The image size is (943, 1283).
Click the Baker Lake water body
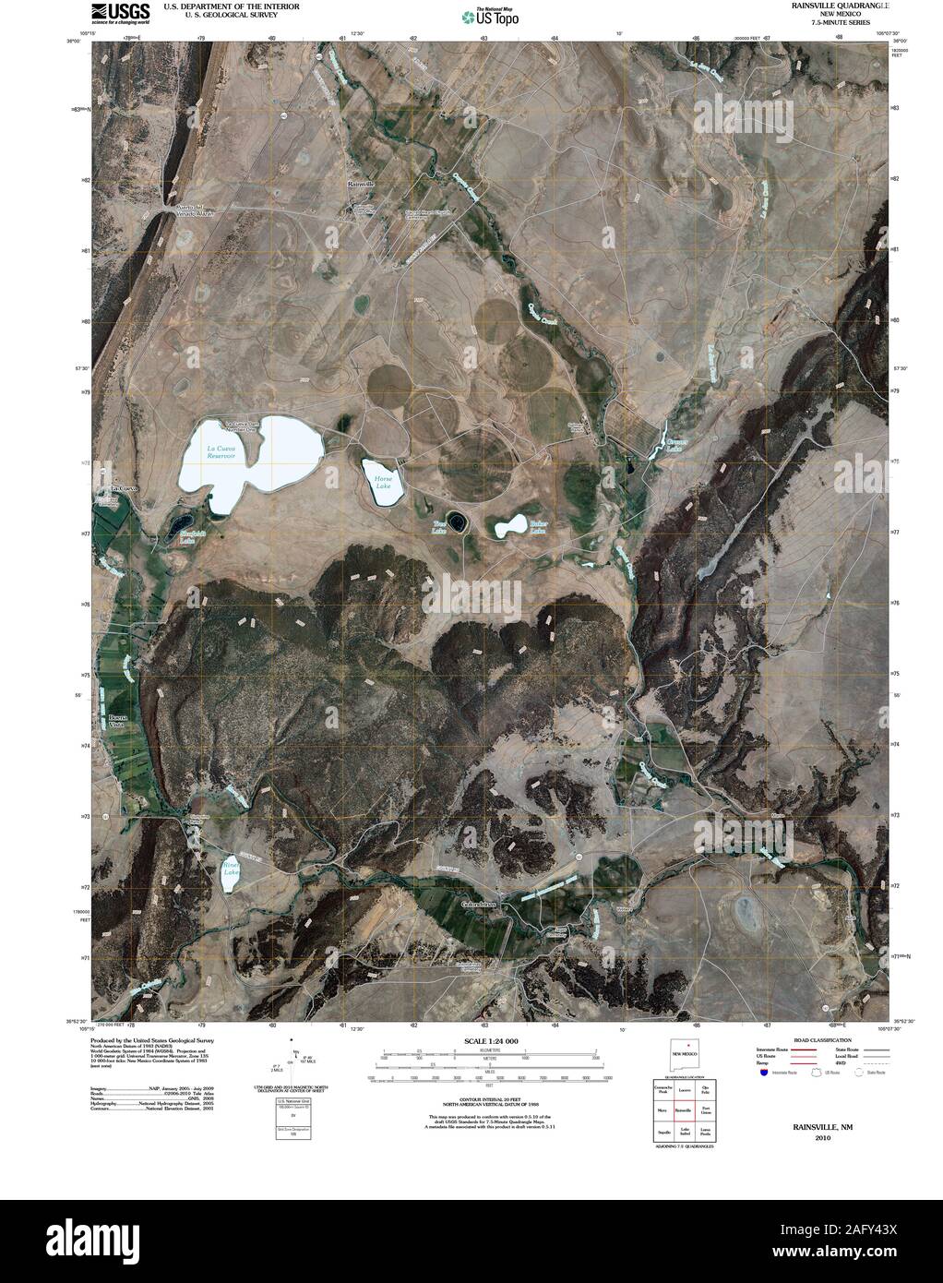click(507, 529)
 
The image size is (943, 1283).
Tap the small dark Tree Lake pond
click(457, 522)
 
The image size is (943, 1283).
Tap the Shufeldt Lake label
click(187, 537)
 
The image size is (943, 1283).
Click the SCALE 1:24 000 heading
click(483, 1041)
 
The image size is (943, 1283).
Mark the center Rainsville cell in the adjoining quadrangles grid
click(684, 1109)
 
